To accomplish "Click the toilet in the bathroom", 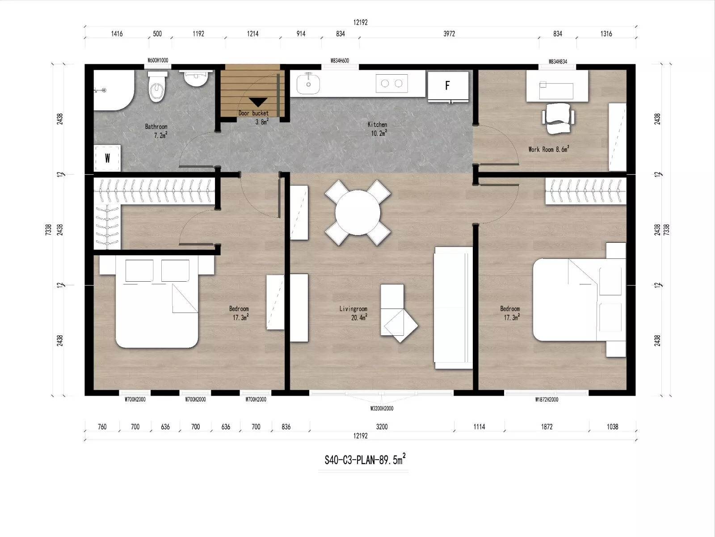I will [157, 87].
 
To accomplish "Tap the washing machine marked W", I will [107, 158].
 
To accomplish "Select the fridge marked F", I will [448, 85].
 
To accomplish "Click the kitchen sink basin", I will [308, 84].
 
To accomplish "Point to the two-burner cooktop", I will [391, 84].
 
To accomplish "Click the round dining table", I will [357, 212].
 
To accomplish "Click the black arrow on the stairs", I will [258, 102].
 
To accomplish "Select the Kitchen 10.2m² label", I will [378, 128].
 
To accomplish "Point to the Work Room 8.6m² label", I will [548, 149].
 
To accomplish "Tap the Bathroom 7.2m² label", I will [156, 131].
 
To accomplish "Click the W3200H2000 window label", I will [382, 408].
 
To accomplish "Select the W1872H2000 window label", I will [547, 400].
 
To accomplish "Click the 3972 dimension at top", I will [449, 34].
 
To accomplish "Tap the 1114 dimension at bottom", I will [479, 427].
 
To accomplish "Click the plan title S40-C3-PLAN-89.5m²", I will [365, 460].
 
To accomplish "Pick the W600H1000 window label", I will [158, 60].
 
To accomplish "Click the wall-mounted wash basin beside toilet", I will [196, 78].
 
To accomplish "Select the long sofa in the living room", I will [453, 308].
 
